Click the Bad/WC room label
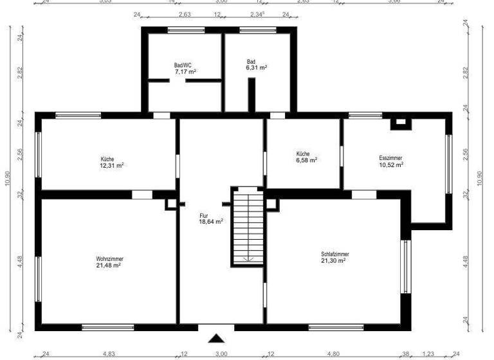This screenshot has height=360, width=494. click(x=185, y=65)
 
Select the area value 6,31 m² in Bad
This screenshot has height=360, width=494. click(x=257, y=67)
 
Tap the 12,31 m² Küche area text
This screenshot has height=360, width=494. click(x=111, y=165)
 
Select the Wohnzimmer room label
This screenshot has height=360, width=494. click(x=109, y=258)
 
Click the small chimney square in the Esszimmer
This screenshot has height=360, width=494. click(x=401, y=122)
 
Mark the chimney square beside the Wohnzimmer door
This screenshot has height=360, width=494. click(x=170, y=204)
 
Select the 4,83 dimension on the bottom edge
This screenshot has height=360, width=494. click(x=109, y=354)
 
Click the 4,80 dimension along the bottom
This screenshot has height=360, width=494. click(x=334, y=354)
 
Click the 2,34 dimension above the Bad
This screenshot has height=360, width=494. click(x=256, y=14)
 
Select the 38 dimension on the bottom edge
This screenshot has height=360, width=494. click(x=407, y=354)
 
